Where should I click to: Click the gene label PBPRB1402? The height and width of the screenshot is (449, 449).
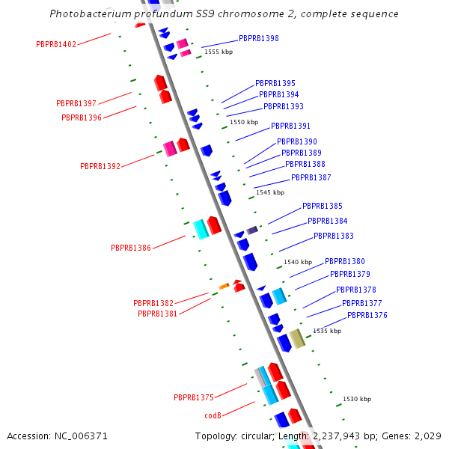pyautogui.click(x=56, y=45)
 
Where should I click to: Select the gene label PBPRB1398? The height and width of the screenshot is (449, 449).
pyautogui.click(x=259, y=38)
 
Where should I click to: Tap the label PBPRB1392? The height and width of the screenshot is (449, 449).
pyautogui.click(x=100, y=166)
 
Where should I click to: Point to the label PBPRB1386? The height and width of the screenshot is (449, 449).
pyautogui.click(x=131, y=248)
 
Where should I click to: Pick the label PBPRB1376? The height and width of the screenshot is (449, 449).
pyautogui.click(x=367, y=315)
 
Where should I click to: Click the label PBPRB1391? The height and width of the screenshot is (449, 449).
pyautogui.click(x=290, y=126)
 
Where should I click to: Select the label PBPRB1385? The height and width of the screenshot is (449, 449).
pyautogui.click(x=323, y=206)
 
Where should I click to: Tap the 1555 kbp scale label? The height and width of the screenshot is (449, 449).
pyautogui.click(x=219, y=52)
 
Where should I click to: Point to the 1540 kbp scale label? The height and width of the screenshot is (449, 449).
pyautogui.click(x=298, y=262)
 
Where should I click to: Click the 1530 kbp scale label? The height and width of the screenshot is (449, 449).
pyautogui.click(x=357, y=399)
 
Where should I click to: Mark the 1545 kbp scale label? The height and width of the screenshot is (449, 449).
pyautogui.click(x=270, y=192)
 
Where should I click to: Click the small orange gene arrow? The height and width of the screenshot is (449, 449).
pyautogui.click(x=224, y=286)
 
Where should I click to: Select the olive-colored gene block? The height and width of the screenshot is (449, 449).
pyautogui.click(x=297, y=338)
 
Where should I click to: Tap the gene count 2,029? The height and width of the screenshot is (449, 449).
pyautogui.click(x=427, y=436)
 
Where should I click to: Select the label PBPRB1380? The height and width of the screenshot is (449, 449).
pyautogui.click(x=345, y=261)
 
